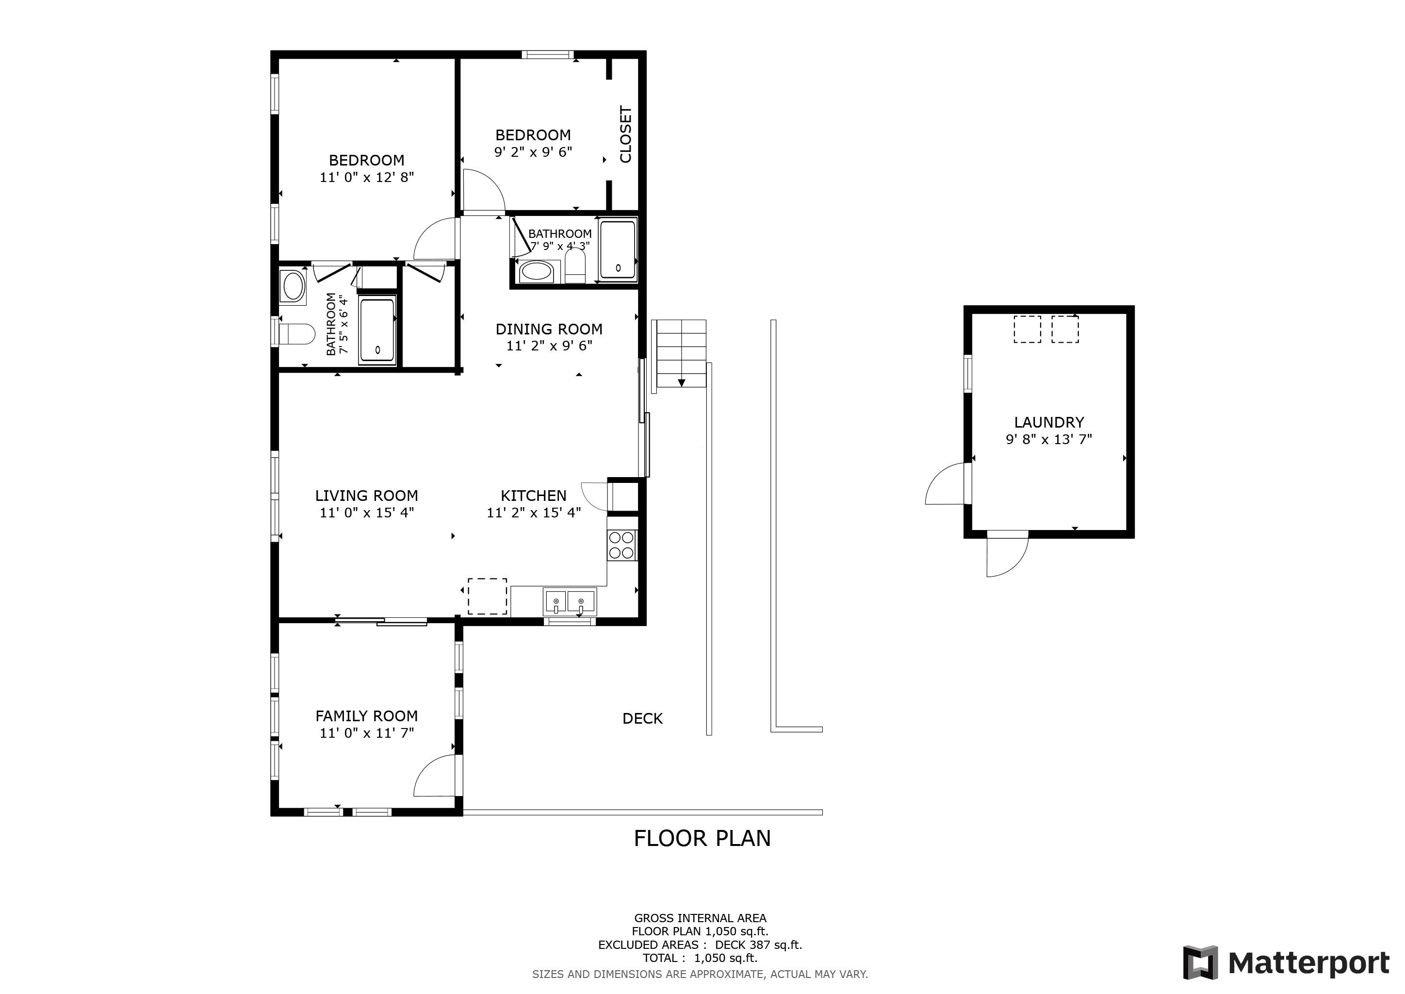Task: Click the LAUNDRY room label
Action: (x=1048, y=422)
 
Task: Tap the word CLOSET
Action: (x=625, y=134)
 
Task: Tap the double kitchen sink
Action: (x=569, y=602)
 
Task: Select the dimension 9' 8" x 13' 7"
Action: (x=1048, y=439)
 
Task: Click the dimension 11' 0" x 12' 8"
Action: (x=367, y=177)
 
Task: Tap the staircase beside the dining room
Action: (x=681, y=354)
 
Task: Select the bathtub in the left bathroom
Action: (x=377, y=331)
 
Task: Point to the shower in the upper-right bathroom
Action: (x=618, y=250)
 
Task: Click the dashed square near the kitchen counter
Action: (x=487, y=596)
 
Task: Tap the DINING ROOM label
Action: (x=548, y=329)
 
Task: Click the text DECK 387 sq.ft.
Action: (x=758, y=944)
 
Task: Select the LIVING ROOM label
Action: (x=367, y=495)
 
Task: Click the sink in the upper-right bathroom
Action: (x=537, y=270)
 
